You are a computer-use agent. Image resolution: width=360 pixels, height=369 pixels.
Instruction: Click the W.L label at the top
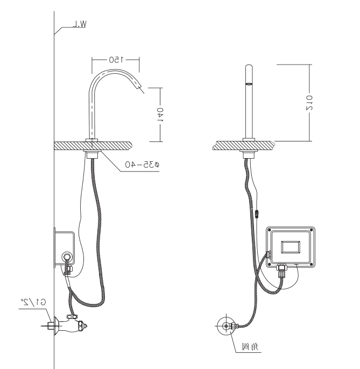[x=80, y=24]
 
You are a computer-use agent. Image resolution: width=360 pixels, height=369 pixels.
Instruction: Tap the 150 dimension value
[x=116, y=60]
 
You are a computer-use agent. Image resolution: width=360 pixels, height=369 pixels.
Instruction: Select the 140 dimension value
[x=160, y=115]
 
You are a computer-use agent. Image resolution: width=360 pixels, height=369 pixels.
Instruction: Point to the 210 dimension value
[x=309, y=103]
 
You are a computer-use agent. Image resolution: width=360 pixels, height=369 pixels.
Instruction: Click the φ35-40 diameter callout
[x=142, y=164]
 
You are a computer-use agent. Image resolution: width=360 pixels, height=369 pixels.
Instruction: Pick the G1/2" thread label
[x=33, y=301]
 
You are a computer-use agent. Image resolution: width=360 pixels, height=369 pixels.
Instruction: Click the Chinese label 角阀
[x=250, y=346]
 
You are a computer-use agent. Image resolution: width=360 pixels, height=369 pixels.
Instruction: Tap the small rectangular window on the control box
[x=291, y=247]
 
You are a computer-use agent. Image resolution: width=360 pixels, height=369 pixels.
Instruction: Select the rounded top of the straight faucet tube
[x=249, y=67]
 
